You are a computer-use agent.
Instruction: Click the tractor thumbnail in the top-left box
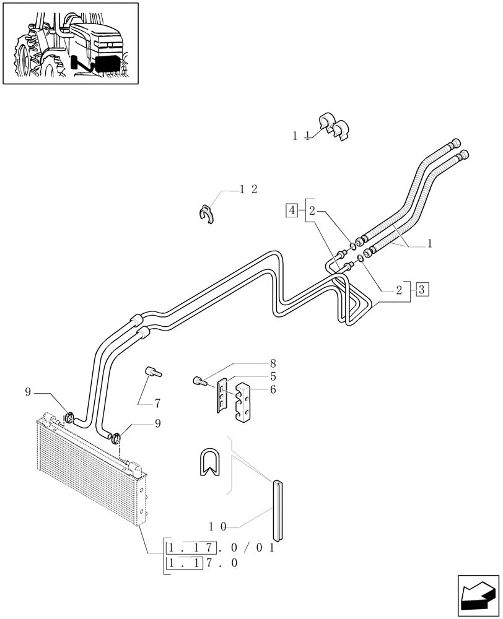point(70,43)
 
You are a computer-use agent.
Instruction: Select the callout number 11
point(301,136)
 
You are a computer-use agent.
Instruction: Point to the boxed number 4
point(291,211)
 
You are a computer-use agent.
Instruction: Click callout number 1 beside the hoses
point(429,244)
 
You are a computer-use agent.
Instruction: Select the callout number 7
point(157,404)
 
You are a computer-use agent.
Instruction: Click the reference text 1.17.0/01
point(221,548)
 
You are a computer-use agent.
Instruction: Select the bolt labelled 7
point(152,372)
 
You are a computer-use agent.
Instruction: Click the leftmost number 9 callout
point(28,391)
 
